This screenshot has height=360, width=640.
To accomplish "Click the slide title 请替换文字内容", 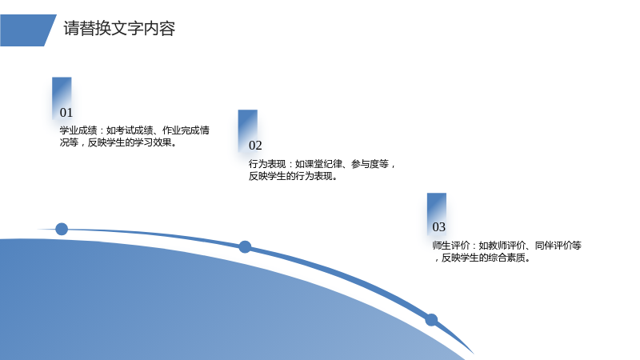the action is (x=119, y=29).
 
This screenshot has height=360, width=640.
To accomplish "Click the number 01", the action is (x=66, y=112).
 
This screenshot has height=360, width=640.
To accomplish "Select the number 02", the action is (x=255, y=146).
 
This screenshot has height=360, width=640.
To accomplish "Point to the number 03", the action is (x=438, y=227).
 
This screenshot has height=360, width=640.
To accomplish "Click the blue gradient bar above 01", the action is (x=62, y=97).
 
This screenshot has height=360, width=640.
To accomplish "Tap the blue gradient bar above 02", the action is (x=248, y=130).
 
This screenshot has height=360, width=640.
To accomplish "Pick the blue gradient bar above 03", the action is (x=437, y=213).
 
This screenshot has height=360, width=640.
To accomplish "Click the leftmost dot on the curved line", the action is (x=62, y=229).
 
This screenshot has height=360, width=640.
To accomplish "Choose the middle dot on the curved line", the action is (x=245, y=246).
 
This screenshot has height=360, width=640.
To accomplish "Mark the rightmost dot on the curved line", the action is (x=431, y=319).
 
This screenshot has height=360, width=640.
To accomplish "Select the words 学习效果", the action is (x=153, y=142).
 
